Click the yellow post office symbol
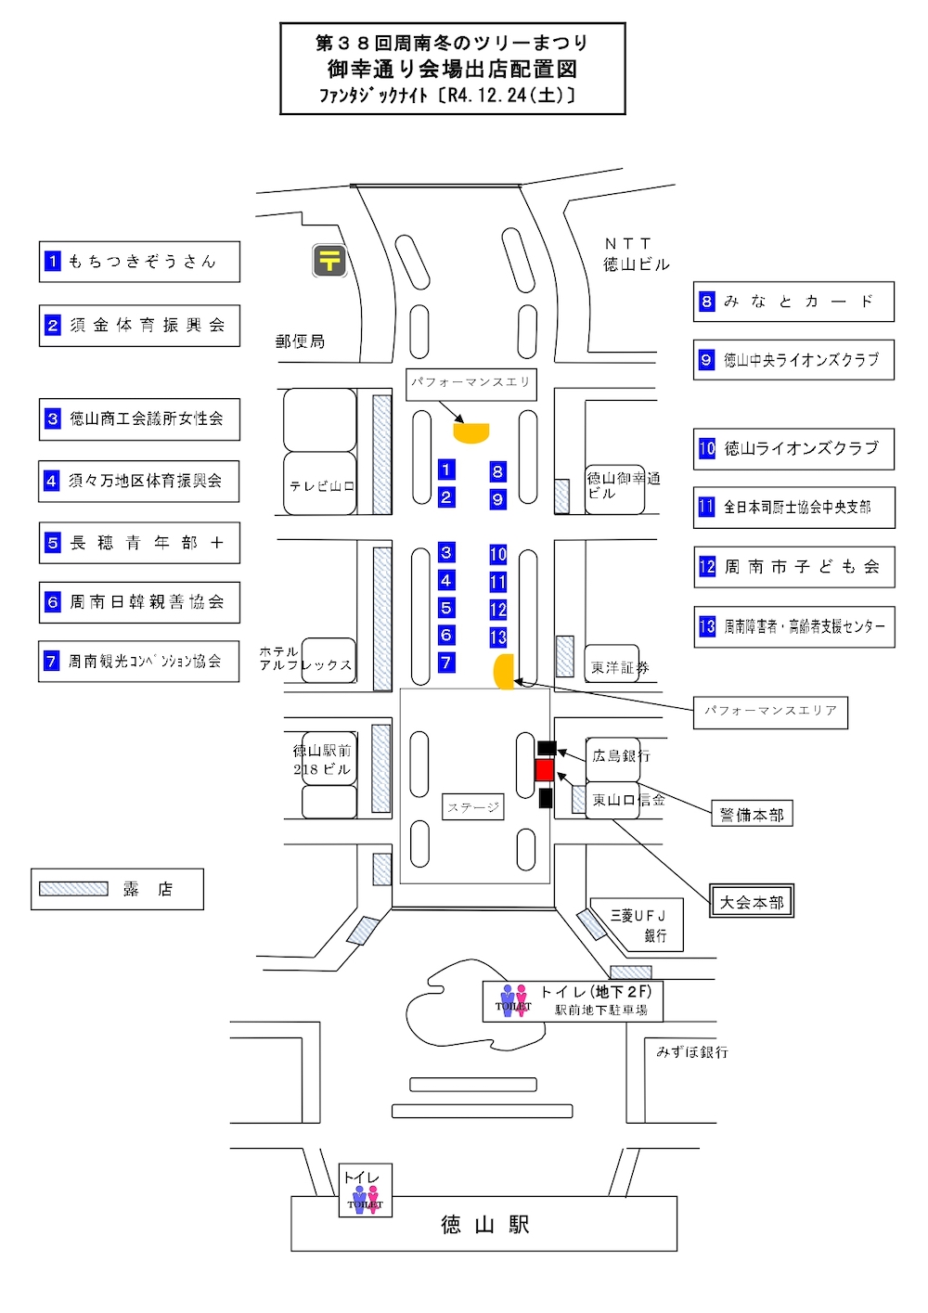[329, 261]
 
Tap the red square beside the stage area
[545, 770]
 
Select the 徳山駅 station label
[484, 1225]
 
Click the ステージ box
[473, 807]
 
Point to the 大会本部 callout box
[752, 902]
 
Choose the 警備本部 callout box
[752, 815]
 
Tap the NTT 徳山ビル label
[636, 254]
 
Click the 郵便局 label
[301, 341]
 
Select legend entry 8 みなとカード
[793, 302]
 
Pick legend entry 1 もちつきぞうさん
[139, 262]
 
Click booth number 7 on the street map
[446, 663]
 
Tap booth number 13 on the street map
[498, 637]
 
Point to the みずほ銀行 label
[692, 1051]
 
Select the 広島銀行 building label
[620, 756]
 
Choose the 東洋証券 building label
[619, 667]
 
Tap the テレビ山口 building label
[321, 486]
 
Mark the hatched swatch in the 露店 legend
[73, 889]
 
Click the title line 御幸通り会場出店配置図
[452, 69]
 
